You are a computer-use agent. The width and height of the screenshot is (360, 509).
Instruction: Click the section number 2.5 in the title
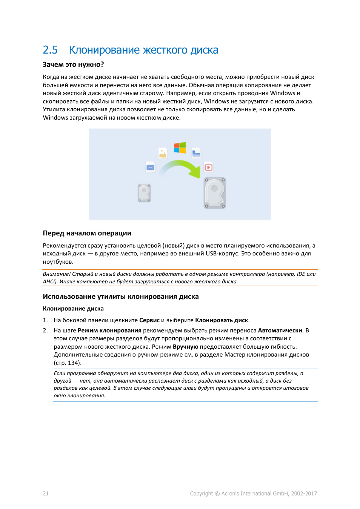point(50,50)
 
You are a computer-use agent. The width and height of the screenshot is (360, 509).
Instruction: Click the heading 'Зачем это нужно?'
point(73,65)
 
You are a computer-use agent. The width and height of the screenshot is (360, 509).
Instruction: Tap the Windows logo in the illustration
point(180,148)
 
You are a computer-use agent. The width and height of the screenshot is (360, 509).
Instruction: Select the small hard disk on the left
point(144,193)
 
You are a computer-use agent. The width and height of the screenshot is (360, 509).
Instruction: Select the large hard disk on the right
point(215,193)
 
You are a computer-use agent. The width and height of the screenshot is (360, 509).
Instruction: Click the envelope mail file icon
point(150,167)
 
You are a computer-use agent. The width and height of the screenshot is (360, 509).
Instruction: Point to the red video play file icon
point(208,167)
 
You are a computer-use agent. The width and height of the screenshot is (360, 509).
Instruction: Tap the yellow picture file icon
point(163,153)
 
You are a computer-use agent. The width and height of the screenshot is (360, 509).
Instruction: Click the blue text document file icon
point(196,153)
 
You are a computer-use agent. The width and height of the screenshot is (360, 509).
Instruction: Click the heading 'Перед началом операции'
point(87,233)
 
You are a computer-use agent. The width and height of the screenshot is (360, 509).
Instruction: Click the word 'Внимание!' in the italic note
point(57,274)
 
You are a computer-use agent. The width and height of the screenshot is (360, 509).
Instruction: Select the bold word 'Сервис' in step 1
point(149,320)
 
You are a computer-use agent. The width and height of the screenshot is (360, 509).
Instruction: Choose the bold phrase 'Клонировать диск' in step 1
point(222,320)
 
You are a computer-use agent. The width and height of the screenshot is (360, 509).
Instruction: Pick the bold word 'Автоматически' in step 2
point(280,331)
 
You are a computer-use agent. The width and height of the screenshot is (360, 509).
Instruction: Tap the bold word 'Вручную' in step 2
point(185,347)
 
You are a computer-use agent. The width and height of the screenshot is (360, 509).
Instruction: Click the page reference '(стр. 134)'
point(68,363)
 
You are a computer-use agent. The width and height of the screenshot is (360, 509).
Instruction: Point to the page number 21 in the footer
point(46,494)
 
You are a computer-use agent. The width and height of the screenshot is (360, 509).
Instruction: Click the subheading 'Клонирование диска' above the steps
point(73,309)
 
